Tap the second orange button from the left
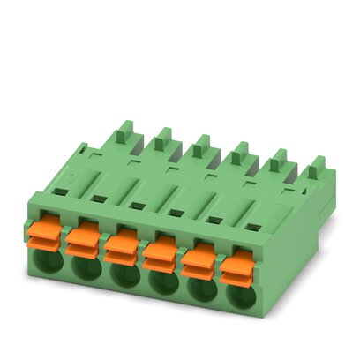[84, 234]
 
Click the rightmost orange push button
[236, 266]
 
